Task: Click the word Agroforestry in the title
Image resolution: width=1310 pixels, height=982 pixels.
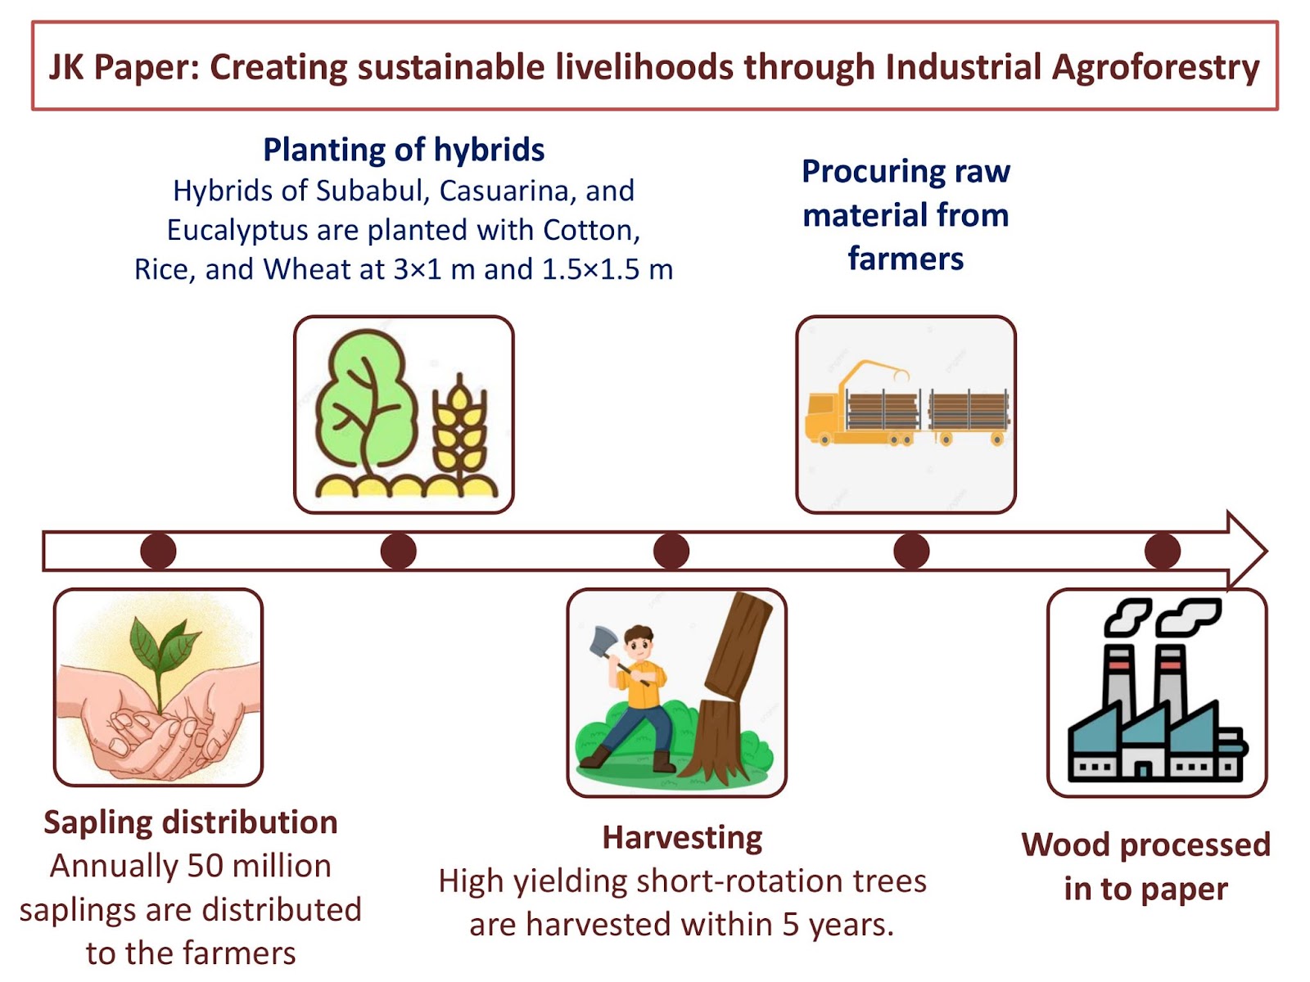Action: (1154, 67)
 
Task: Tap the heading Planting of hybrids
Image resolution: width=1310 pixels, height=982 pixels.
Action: (404, 150)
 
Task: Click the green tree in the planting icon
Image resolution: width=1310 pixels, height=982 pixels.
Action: (365, 405)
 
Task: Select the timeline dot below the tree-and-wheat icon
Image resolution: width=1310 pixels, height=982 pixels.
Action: (398, 550)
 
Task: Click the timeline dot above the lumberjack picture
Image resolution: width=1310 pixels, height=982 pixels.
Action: (671, 550)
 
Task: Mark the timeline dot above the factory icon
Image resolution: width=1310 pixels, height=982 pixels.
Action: (1161, 550)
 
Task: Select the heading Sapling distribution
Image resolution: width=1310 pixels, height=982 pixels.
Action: (191, 822)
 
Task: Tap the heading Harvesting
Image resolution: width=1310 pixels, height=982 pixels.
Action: (681, 838)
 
